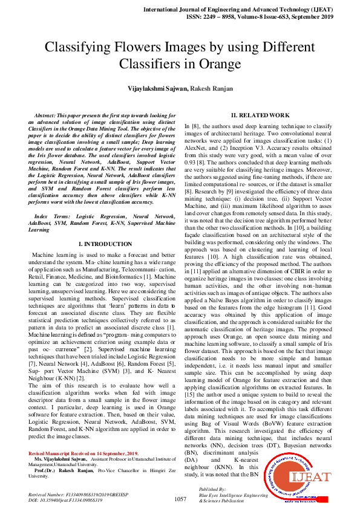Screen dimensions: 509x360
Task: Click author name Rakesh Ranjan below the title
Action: tap(211, 88)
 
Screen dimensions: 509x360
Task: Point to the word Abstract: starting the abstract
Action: tap(48, 115)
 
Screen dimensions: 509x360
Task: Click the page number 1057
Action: tap(180, 499)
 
